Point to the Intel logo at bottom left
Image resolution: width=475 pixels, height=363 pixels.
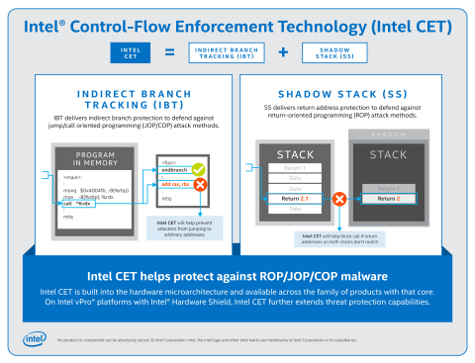point(35,341)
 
